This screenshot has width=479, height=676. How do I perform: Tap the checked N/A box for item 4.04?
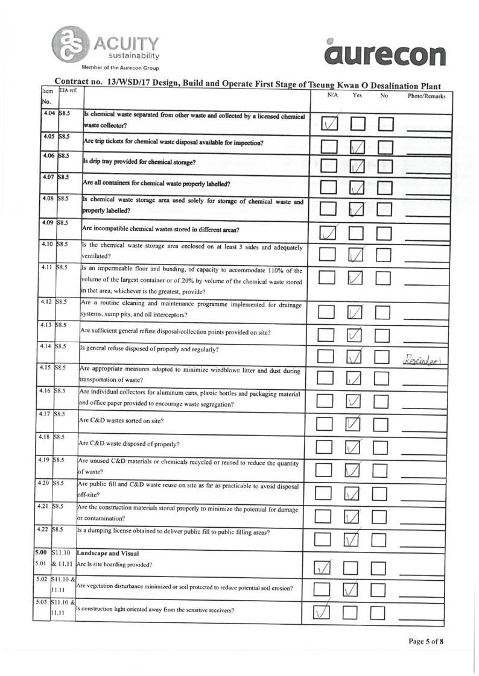click(329, 124)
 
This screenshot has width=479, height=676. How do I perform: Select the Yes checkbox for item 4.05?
click(357, 146)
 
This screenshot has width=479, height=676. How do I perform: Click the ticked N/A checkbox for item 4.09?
click(329, 233)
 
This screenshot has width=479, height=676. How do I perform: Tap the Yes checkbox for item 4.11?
click(357, 278)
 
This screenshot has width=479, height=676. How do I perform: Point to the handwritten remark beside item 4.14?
click(426, 360)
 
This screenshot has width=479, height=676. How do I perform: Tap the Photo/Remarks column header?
click(427, 96)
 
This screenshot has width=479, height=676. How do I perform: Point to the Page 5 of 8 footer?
click(426, 641)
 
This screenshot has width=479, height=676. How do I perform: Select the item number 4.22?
click(42, 530)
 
